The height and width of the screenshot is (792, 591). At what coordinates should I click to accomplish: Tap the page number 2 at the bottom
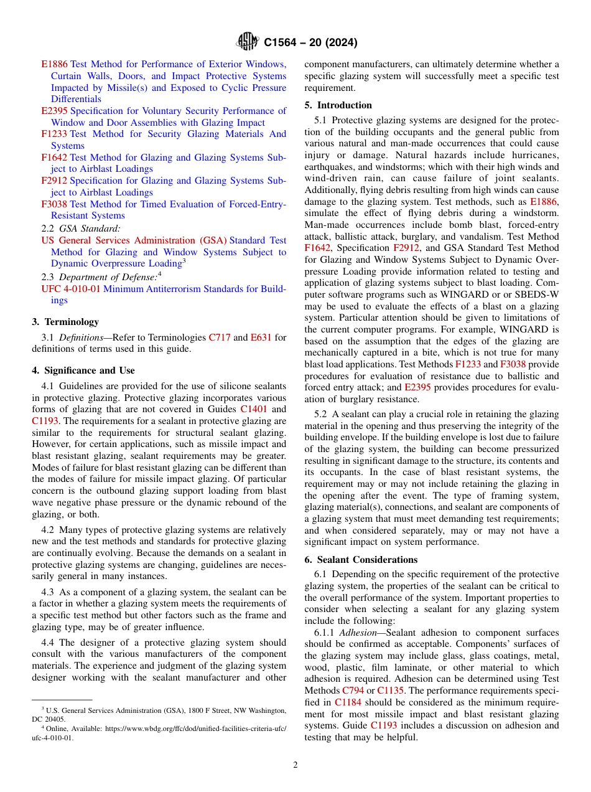(x=295, y=765)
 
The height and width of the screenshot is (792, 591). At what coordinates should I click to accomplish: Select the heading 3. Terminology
(x=65, y=322)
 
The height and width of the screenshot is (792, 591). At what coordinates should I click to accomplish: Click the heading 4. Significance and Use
(x=83, y=370)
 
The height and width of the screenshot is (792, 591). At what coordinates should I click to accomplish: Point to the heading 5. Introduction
(x=338, y=105)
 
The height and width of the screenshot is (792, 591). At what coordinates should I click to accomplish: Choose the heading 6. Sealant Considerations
(x=361, y=560)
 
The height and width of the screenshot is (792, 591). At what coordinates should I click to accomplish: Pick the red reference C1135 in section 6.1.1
(x=390, y=691)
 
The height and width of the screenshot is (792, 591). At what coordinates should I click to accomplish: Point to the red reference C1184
(x=348, y=702)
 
